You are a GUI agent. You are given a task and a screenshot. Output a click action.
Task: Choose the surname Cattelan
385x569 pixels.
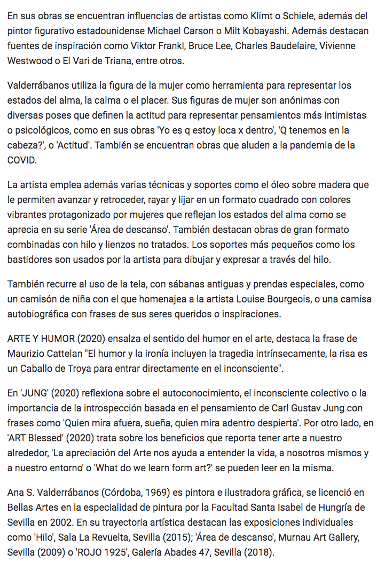tap(61, 354)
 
